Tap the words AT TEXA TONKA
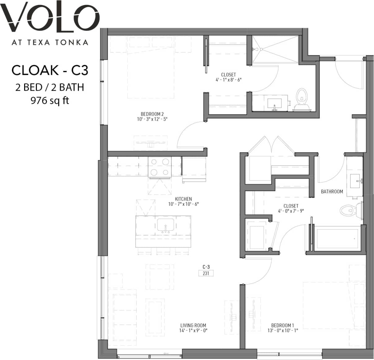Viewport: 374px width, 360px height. point(50,42)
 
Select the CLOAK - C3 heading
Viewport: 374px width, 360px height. point(50,71)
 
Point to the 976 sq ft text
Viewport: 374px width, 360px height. point(50,101)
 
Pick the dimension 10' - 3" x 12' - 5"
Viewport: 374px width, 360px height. point(152,119)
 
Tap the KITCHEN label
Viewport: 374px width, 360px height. point(183,199)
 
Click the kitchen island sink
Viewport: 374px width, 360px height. point(166,225)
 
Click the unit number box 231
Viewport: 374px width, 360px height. point(206,273)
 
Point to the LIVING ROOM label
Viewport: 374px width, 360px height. point(193,325)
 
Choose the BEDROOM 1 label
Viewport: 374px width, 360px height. point(282,325)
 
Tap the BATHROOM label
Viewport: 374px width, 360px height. point(332,192)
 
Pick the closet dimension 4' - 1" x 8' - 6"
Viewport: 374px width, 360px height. point(228,79)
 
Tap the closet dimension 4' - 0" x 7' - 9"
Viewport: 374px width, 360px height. point(291,211)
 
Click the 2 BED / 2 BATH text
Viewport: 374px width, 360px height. point(50,87)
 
